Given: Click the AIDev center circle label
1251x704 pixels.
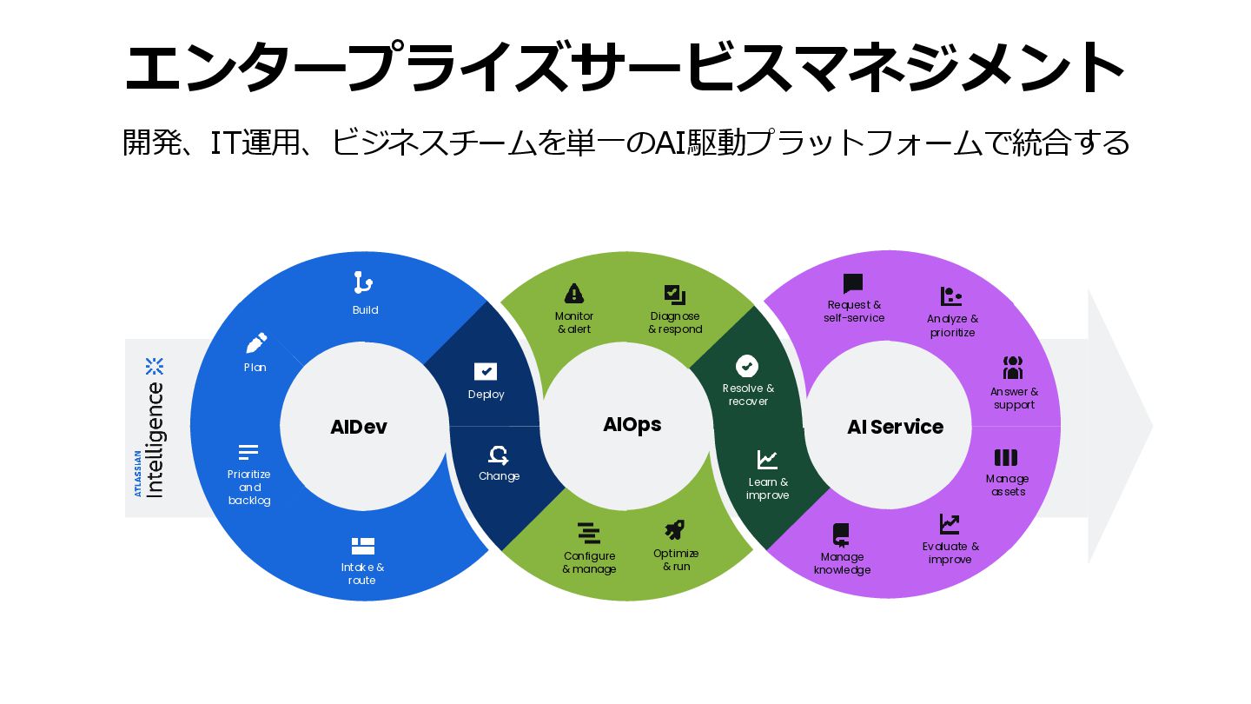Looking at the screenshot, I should pos(358,427).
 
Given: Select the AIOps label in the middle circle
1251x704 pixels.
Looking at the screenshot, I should pos(632,424).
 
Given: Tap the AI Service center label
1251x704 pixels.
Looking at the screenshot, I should pos(895,427).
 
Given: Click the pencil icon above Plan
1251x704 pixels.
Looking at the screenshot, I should pos(256,342).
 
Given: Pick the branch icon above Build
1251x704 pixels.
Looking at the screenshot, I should pos(363,283).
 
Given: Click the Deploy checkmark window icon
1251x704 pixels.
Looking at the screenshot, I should pos(486,372).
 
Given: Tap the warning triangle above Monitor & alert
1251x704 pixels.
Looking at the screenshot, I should pos(574,293).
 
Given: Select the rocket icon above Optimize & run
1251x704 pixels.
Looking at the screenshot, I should pos(675,529).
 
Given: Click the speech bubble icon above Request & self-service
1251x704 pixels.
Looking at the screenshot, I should pos(853,283).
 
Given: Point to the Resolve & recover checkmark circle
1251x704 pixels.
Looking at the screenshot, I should pos(747,366).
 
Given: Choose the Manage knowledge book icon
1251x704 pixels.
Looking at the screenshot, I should pos(841,534).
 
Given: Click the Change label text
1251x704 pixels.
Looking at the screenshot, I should pos(499,476).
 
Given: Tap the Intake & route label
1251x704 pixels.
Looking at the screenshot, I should pos(362,574).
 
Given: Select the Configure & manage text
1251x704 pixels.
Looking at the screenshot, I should pos(589,562).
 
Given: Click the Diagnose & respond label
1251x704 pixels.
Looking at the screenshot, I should pos(675,322).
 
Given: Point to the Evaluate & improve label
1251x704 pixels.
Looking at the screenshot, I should pos(950,553).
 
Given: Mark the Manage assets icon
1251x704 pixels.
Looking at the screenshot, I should pos(1006,457).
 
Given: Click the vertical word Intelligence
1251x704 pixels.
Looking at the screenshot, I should pos(156,439).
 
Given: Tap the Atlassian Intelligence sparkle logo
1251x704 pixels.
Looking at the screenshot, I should pos(155,366).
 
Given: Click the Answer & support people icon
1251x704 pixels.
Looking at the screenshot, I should pos(1013,368).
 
